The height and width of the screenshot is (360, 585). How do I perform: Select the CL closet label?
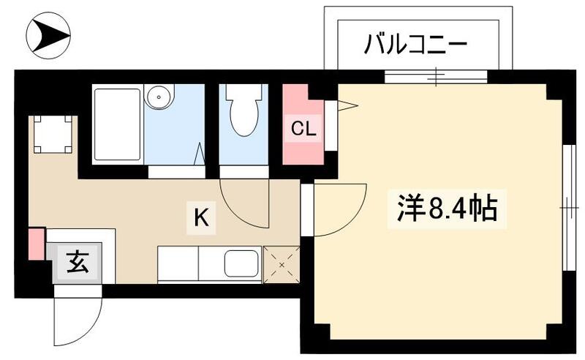pos(303,130)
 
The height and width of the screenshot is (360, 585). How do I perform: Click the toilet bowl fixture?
pos(243,113)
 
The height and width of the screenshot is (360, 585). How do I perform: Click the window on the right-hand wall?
pos(568,209)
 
